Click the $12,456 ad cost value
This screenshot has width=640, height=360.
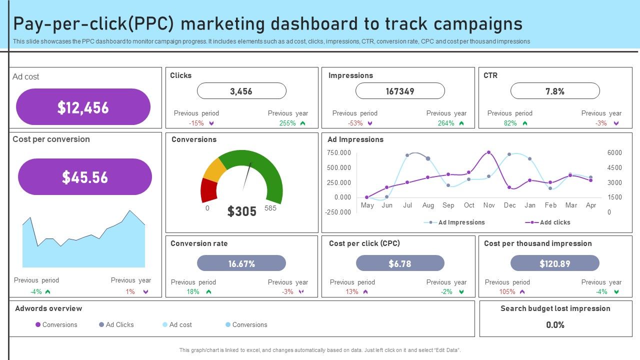(x=83, y=107)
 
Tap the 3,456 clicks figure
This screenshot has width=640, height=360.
(x=241, y=91)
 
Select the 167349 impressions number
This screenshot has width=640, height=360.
(x=400, y=91)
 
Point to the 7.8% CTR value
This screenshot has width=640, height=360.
(x=555, y=91)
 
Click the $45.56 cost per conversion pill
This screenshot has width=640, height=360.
(x=85, y=177)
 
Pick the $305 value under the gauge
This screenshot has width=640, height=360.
(x=242, y=211)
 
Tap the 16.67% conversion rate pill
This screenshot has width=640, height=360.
(x=241, y=263)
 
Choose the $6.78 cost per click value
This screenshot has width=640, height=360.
(x=400, y=263)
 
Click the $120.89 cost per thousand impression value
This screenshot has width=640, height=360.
(x=555, y=263)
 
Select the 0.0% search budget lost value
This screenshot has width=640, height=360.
(x=555, y=325)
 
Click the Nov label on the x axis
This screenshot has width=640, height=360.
(x=489, y=205)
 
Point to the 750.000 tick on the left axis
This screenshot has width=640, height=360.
(x=339, y=152)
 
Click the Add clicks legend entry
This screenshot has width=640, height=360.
(x=554, y=222)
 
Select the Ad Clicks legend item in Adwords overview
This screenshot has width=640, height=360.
(x=119, y=324)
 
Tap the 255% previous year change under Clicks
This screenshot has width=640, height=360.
(x=287, y=123)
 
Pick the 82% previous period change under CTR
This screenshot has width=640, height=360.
(x=510, y=123)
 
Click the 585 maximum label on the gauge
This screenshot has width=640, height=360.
(x=270, y=208)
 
